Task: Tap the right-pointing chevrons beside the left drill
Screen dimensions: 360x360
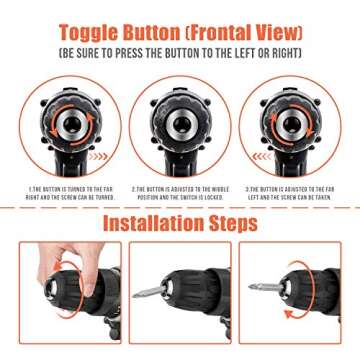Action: (97, 156)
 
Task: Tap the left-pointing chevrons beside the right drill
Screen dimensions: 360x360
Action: (262, 156)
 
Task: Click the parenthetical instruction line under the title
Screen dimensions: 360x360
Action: (180, 49)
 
